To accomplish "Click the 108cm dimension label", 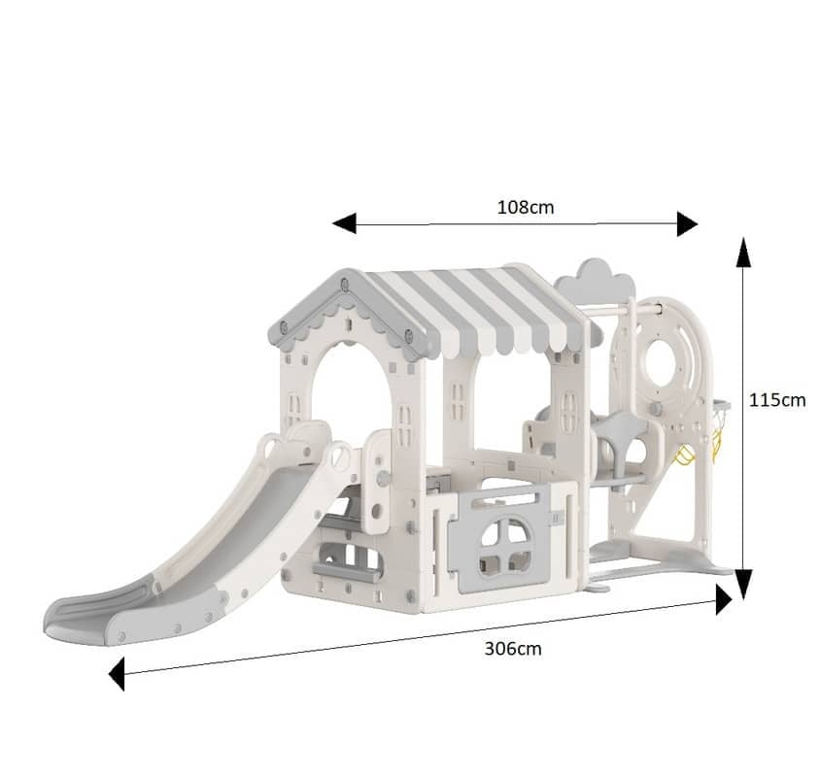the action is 526,207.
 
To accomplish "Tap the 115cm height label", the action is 777,400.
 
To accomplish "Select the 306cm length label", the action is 513,649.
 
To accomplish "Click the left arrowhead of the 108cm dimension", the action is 345,223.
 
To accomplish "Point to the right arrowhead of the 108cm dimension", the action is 687,224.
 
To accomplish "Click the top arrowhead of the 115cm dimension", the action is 743,252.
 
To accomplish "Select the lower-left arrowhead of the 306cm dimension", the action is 117,674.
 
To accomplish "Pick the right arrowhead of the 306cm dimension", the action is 724,600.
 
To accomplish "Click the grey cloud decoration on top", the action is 595,279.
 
